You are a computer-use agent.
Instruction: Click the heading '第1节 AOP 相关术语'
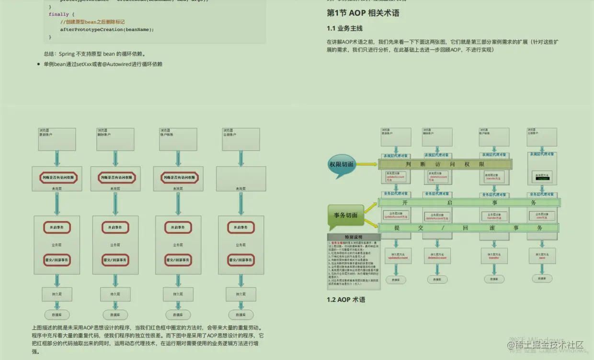pyautogui.click(x=363, y=13)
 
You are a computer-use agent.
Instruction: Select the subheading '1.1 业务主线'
pyautogui.click(x=344, y=29)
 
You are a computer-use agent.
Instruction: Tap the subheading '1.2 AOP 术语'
pyautogui.click(x=346, y=300)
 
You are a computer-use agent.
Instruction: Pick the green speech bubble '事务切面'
pyautogui.click(x=345, y=215)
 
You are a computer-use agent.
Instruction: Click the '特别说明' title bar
pyautogui.click(x=354, y=237)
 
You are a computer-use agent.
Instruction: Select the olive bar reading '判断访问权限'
pyautogui.click(x=445, y=164)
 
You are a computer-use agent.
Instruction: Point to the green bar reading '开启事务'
pyautogui.click(x=468, y=203)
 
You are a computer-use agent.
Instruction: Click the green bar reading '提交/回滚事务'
pyautogui.click(x=468, y=228)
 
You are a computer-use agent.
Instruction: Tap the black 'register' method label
pyautogui.click(x=543, y=179)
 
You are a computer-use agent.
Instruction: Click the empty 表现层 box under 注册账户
pyautogui.click(x=241, y=178)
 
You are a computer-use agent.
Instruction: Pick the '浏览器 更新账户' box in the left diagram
pyautogui.click(x=57, y=139)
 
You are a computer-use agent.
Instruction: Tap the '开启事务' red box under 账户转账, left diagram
pyautogui.click(x=177, y=227)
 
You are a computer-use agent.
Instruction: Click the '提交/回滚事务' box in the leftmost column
pyautogui.click(x=57, y=260)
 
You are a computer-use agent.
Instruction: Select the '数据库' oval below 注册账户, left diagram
pyautogui.click(x=241, y=315)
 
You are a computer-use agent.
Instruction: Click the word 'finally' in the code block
pyautogui.click(x=58, y=14)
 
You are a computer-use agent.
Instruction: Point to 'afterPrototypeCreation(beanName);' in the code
pyautogui.click(x=107, y=30)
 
